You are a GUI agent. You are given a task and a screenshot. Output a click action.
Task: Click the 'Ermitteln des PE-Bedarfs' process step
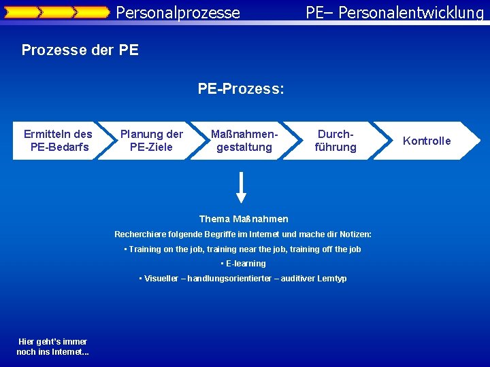click(57, 141)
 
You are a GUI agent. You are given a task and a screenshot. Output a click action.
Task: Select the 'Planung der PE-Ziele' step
click(151, 141)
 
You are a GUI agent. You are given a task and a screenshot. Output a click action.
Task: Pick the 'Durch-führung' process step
click(336, 141)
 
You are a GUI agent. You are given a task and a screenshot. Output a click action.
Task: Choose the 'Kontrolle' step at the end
click(427, 141)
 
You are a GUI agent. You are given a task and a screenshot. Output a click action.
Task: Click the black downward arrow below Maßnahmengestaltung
click(241, 187)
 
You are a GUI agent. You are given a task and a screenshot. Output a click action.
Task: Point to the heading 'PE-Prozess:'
click(241, 89)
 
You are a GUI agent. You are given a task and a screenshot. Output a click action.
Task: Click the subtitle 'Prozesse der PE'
click(80, 50)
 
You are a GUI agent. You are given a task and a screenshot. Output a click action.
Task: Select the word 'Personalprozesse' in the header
click(178, 12)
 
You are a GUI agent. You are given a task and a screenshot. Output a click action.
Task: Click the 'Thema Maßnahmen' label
click(244, 219)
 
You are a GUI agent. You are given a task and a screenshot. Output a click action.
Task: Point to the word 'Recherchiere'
click(140, 234)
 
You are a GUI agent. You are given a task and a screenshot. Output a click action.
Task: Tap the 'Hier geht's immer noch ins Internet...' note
click(52, 347)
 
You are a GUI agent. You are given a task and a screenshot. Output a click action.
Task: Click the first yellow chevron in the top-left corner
click(21, 12)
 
